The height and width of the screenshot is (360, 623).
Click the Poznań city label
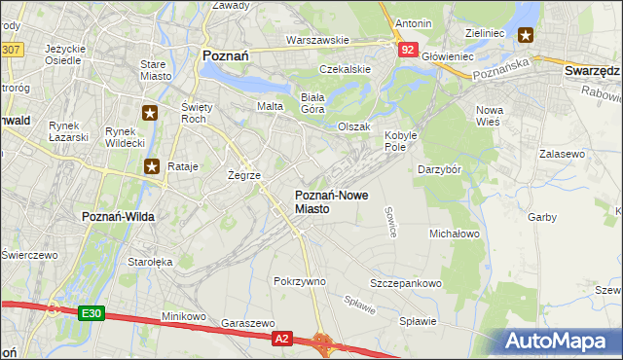click(225, 56)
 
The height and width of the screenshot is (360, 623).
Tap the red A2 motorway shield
click(281, 338)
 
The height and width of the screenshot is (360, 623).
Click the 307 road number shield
click(10, 49)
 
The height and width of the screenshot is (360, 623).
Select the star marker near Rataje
click(153, 166)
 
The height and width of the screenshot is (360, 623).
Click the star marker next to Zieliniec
click(526, 36)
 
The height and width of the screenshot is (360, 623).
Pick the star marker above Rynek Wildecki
click(150, 113)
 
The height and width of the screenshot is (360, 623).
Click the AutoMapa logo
click(561, 341)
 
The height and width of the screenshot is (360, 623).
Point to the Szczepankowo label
click(405, 283)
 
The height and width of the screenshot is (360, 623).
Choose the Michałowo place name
click(455, 234)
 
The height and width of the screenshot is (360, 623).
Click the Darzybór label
click(445, 169)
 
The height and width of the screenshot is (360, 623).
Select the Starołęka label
click(150, 262)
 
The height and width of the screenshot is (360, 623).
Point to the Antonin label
click(413, 22)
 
